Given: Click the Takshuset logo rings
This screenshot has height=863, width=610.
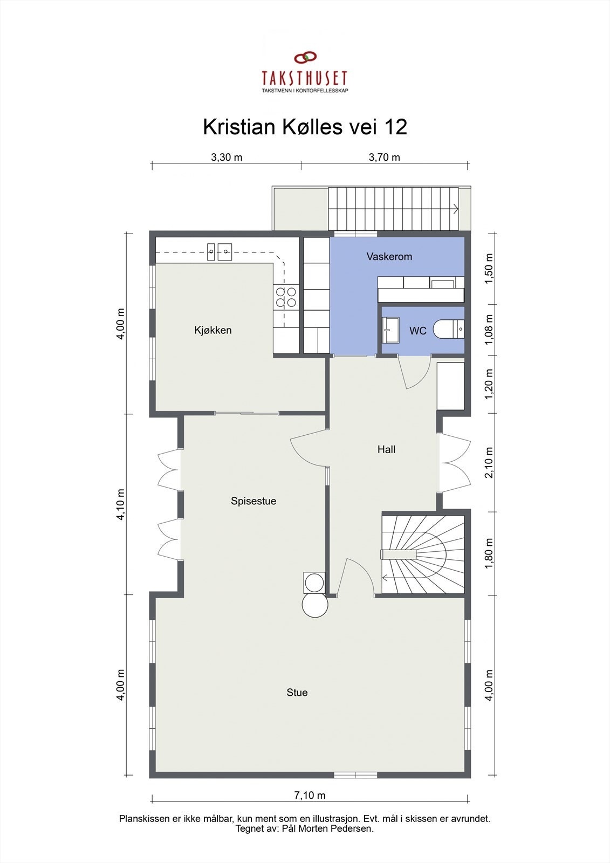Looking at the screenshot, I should point(305,58).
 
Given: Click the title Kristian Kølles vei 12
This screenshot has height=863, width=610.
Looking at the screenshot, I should point(305,127).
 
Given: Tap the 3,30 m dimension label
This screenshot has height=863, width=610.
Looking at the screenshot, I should point(226,157).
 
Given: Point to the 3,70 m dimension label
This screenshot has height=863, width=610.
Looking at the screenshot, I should point(384,157).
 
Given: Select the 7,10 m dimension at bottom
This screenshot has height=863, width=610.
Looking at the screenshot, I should point(310,795).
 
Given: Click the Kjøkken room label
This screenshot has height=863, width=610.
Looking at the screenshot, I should point(213,330).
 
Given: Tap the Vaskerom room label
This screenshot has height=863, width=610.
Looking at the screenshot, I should point(389,257).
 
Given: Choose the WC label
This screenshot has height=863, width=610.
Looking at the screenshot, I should point(417,331).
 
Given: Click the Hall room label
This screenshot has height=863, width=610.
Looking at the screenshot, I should point(386,449).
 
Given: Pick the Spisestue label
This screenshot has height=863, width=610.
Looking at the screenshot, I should point(253,501).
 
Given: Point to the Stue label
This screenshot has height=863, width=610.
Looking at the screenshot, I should point(297,693).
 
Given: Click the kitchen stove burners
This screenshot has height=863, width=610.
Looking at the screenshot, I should point(286,297).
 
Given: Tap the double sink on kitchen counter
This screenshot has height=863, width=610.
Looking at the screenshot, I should point(220,250).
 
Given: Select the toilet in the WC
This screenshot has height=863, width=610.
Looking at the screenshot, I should point(448,329).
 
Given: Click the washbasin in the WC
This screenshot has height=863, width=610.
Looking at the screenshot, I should point(390,330).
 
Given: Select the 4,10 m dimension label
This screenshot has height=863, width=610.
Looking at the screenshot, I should point(121,504).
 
